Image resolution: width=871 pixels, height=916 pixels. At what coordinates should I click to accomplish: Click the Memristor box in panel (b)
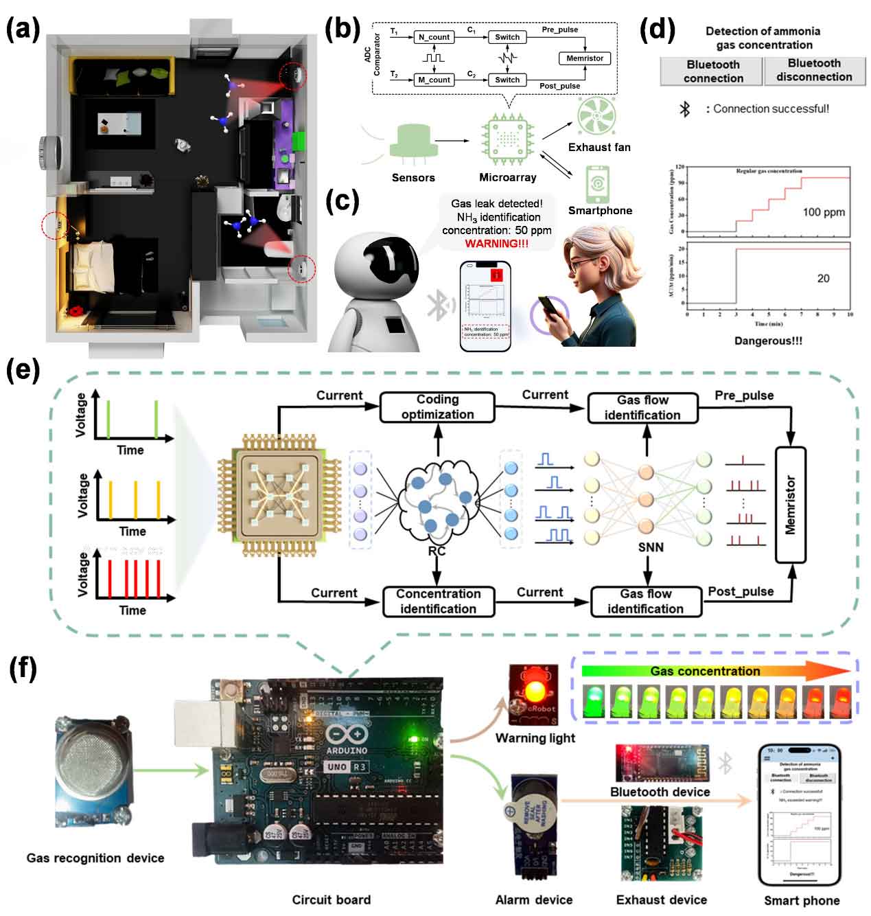click(x=585, y=58)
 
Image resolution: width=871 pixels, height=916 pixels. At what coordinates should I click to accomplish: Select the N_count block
click(x=434, y=37)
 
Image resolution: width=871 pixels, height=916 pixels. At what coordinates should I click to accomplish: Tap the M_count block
click(x=434, y=80)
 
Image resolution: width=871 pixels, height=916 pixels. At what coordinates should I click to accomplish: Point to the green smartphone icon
click(x=598, y=184)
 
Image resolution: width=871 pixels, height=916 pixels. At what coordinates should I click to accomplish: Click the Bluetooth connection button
click(x=712, y=71)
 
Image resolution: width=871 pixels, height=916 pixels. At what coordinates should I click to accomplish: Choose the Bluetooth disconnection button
click(x=814, y=71)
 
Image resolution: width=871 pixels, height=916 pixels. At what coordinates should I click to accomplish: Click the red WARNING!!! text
click(x=497, y=244)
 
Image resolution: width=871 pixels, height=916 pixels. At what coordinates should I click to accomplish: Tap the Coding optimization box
click(x=437, y=407)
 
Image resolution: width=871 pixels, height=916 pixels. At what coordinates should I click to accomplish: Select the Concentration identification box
click(x=438, y=601)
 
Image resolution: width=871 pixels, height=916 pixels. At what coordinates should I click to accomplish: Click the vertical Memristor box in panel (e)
click(x=790, y=505)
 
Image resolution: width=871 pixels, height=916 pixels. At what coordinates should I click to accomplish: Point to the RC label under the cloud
click(x=437, y=551)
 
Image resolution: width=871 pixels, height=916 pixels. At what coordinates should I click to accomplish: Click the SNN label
click(x=651, y=547)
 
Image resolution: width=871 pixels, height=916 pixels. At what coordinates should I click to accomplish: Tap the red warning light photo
click(x=532, y=694)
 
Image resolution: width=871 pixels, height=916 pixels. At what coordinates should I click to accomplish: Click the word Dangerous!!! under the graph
click(x=768, y=341)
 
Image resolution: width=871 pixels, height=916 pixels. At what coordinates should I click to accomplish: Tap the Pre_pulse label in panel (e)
click(x=744, y=396)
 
